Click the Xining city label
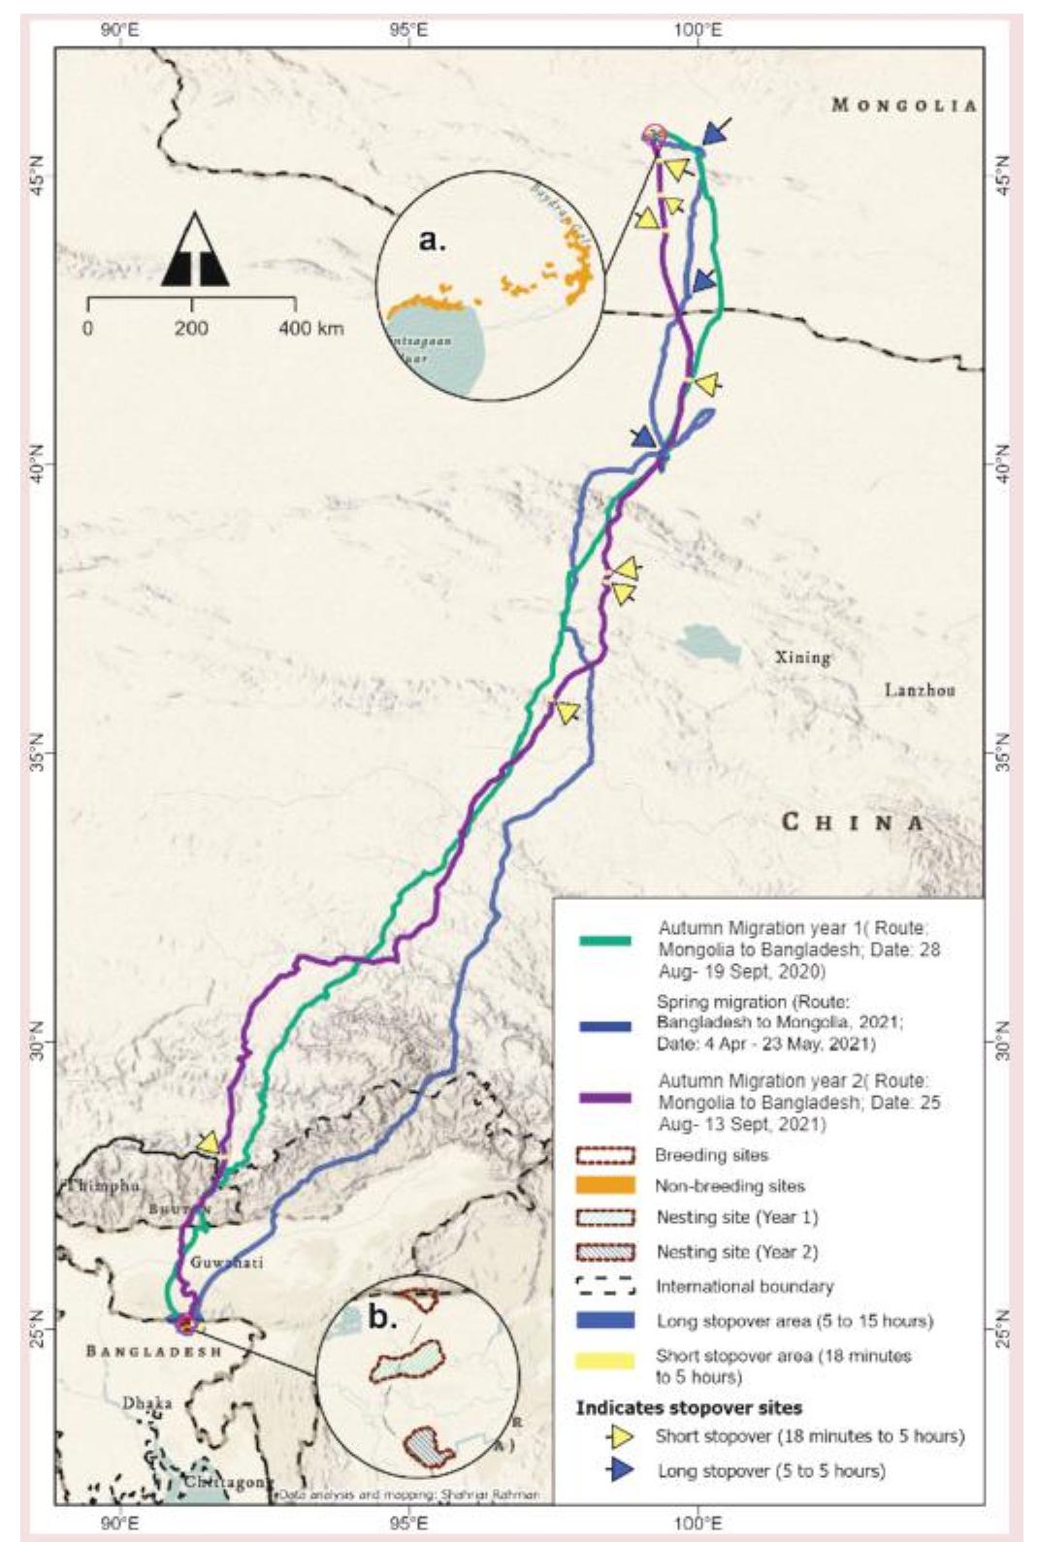click(803, 658)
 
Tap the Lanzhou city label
click(920, 691)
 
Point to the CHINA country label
click(854, 823)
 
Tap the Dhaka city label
click(146, 1402)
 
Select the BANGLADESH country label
click(153, 1351)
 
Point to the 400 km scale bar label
click(310, 328)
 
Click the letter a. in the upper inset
click(433, 240)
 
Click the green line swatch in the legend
click(604, 941)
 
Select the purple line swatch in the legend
click(604, 1099)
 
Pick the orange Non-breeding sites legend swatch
click(605, 1185)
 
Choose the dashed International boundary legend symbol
click(605, 1286)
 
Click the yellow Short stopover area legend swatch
click(605, 1360)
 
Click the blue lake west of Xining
click(709, 643)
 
